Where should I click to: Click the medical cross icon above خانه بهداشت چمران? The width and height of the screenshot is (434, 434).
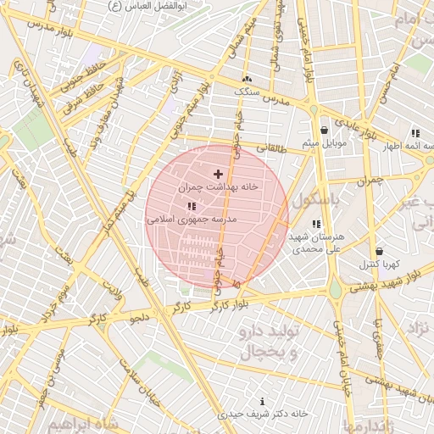point(218,173)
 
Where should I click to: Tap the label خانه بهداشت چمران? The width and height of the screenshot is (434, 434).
point(218,186)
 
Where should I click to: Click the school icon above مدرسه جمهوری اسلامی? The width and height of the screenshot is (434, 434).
point(191,206)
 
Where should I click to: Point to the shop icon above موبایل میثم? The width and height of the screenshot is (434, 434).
point(325,130)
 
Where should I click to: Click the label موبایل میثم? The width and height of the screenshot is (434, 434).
point(325,142)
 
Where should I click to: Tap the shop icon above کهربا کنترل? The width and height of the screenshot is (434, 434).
point(378,251)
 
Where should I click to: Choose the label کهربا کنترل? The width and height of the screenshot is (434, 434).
point(379,264)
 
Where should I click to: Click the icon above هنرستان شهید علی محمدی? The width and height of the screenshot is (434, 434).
point(315,224)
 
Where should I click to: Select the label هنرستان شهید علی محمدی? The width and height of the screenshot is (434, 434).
point(314,243)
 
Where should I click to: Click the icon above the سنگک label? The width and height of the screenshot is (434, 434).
point(246,79)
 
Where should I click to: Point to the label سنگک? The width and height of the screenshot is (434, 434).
point(246,91)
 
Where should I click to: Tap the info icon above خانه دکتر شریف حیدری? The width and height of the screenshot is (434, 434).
point(262,401)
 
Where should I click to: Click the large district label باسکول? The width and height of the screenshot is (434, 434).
point(315,201)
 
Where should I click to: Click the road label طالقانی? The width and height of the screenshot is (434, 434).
point(272,147)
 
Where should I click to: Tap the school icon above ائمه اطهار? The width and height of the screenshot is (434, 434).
point(415,133)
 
